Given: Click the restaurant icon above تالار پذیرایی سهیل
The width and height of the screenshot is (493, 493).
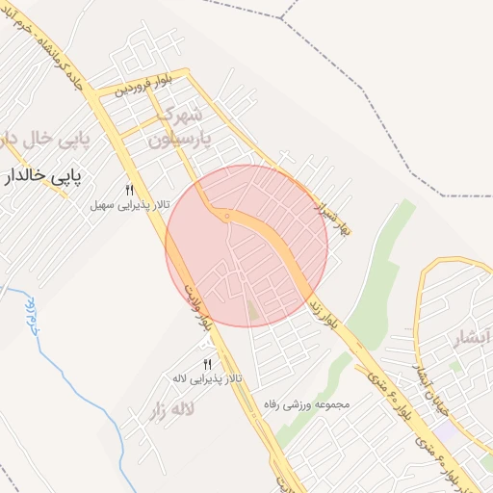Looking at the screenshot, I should [x=129, y=191].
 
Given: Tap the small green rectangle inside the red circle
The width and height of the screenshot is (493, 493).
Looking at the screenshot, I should [x=252, y=310].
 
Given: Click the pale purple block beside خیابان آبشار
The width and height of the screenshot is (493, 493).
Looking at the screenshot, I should [x=455, y=367].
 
